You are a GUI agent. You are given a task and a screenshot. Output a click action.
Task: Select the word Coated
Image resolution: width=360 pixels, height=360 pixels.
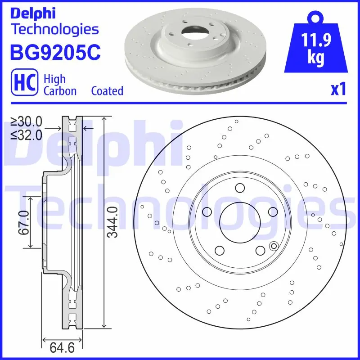pyautogui.click(x=107, y=91)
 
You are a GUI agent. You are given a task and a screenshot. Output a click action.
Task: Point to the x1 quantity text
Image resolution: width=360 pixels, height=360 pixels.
pyautogui.click(x=338, y=90)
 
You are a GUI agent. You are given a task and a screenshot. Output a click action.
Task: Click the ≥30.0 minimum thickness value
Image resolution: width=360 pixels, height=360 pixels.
pyautogui.click(x=27, y=121)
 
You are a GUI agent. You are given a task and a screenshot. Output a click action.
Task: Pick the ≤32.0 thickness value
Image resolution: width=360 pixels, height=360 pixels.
pyautogui.click(x=27, y=134)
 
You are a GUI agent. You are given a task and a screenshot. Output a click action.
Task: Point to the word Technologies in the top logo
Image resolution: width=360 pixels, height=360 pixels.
pyautogui.click(x=54, y=29)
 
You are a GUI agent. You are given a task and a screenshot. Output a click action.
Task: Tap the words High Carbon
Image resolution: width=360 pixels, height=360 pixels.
pyautogui.click(x=60, y=85)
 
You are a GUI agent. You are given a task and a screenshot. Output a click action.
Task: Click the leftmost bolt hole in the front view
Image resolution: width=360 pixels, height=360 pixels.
pyautogui.click(x=207, y=211)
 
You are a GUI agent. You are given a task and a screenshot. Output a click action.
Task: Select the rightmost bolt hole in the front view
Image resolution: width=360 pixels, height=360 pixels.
pyautogui.click(x=272, y=211)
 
